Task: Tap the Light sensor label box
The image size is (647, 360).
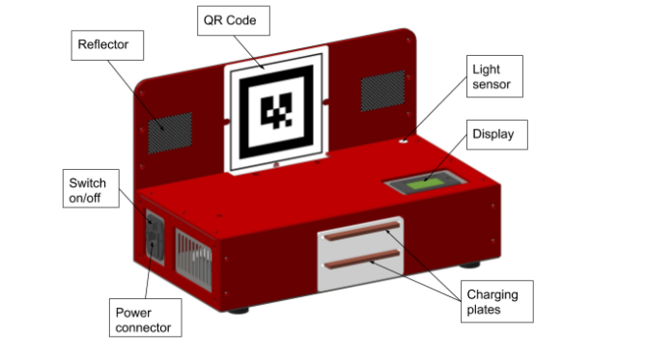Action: tap(494, 77)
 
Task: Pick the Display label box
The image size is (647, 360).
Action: tap(497, 135)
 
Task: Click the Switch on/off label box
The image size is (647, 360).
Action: tap(92, 190)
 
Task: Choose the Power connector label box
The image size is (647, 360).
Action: tap(144, 319)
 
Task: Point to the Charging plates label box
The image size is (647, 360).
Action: tap(492, 302)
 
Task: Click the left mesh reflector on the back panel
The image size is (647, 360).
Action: tap(169, 132)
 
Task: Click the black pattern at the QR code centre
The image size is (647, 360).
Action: tap(278, 111)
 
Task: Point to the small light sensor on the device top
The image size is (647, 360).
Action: tap(404, 142)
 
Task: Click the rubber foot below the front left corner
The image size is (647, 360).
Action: tap(239, 308)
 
